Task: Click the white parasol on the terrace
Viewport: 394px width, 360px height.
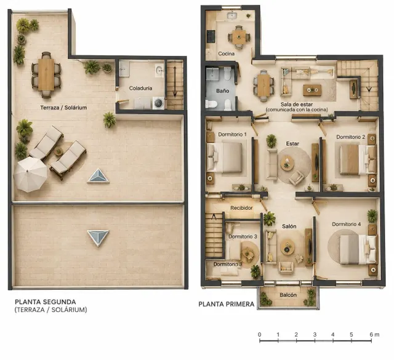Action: pyautogui.click(x=30, y=174)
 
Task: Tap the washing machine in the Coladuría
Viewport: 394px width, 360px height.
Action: pyautogui.click(x=158, y=103)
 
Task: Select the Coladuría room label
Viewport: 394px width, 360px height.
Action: pyautogui.click(x=141, y=88)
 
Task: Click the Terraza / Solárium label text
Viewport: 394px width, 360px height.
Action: pyautogui.click(x=63, y=108)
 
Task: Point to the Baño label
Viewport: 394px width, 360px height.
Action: pyautogui.click(x=223, y=90)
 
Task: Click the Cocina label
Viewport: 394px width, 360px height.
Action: pyautogui.click(x=226, y=54)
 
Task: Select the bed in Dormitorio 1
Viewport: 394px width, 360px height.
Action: pyautogui.click(x=225, y=158)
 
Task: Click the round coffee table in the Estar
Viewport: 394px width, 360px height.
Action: pyautogui.click(x=287, y=163)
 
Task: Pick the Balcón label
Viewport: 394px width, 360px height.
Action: pyautogui.click(x=288, y=295)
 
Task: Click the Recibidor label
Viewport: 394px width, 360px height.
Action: pyautogui.click(x=241, y=208)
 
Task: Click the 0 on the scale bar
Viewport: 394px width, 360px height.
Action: pyautogui.click(x=260, y=335)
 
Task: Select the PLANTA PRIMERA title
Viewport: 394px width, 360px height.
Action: pyautogui.click(x=227, y=304)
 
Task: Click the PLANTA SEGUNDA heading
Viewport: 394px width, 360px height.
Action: pyautogui.click(x=45, y=302)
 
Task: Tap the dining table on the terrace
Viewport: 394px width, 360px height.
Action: pyautogui.click(x=46, y=74)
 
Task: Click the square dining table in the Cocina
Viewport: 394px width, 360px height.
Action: pyautogui.click(x=239, y=37)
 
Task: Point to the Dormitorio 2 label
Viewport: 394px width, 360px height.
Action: pyautogui.click(x=351, y=137)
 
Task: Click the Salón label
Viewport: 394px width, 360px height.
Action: pyautogui.click(x=289, y=226)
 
